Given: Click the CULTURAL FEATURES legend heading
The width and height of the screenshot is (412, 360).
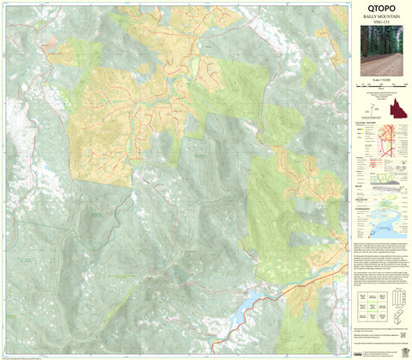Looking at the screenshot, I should (x=367, y=124).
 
